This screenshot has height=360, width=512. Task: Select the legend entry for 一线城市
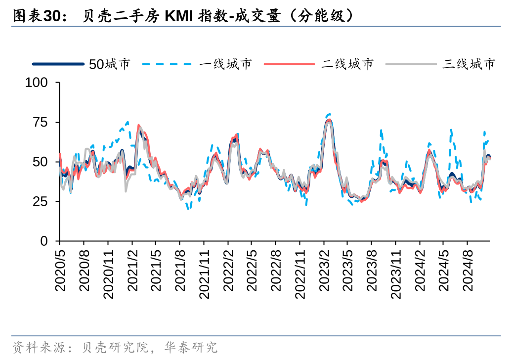(x=226, y=64)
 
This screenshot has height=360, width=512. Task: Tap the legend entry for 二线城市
(x=347, y=64)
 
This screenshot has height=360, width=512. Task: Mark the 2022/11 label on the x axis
(x=300, y=272)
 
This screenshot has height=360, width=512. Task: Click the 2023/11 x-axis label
(x=396, y=272)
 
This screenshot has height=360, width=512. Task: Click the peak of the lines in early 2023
(x=329, y=119)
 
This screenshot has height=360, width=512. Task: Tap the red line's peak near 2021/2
(x=138, y=126)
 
